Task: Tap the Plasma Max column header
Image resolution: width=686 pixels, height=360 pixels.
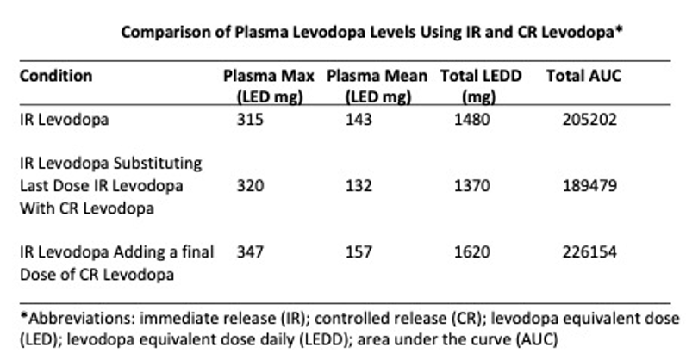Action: pyautogui.click(x=269, y=85)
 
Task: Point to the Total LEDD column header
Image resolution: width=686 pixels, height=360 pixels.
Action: pyautogui.click(x=480, y=85)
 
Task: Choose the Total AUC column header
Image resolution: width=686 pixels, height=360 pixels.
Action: pyautogui.click(x=583, y=76)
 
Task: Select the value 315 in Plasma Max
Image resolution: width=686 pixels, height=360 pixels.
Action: pyautogui.click(x=249, y=120)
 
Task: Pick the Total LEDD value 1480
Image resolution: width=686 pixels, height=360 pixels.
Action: pyautogui.click(x=470, y=120)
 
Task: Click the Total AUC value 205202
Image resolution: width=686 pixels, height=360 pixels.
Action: pyautogui.click(x=584, y=120)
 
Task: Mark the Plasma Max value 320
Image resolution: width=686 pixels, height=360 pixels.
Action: pyautogui.click(x=249, y=186)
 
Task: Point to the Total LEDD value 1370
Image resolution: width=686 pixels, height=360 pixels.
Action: pyautogui.click(x=470, y=186)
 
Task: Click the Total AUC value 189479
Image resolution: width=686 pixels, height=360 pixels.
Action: pyautogui.click(x=584, y=186)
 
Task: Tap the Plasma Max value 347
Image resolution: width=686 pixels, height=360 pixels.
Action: pyautogui.click(x=249, y=251)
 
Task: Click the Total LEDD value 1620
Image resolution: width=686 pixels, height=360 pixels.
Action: pyautogui.click(x=470, y=251)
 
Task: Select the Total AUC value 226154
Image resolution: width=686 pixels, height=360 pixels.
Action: pyautogui.click(x=584, y=251)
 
